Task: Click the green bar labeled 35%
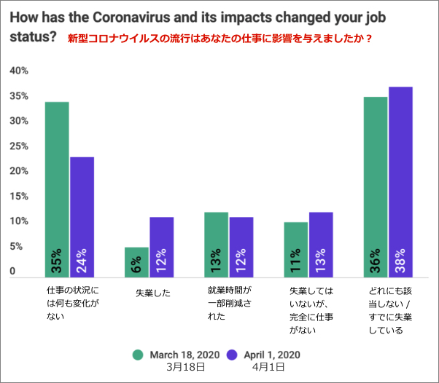(57, 189)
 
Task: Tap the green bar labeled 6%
(136, 262)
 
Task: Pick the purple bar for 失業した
(161, 247)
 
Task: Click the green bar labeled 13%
(216, 245)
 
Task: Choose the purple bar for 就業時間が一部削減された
(241, 247)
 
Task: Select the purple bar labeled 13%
(320, 245)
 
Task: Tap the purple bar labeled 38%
(400, 182)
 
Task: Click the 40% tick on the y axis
(19, 71)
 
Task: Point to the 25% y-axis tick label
(19, 146)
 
